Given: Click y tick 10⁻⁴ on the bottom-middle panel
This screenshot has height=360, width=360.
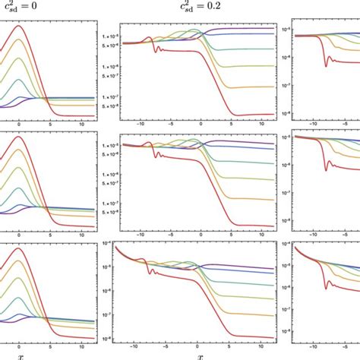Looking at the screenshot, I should pyautogui.click(x=111, y=244).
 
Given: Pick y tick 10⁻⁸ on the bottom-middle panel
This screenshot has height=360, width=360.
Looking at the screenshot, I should pyautogui.click(x=111, y=337).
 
